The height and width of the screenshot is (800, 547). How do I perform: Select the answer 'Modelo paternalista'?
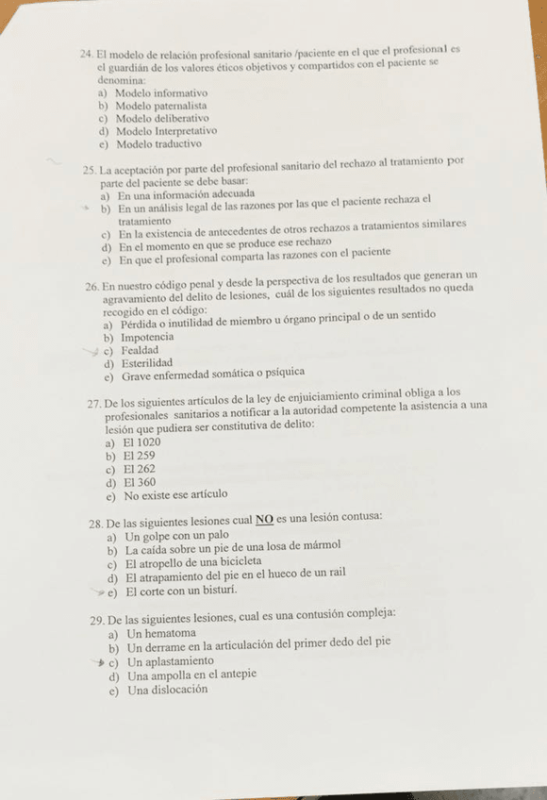point(161,107)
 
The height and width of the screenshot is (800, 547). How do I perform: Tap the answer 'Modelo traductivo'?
point(158,144)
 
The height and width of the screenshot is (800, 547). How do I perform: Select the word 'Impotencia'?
point(146,337)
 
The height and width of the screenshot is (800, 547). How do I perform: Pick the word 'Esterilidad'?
point(146,363)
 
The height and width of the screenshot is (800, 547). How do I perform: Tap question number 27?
point(93,403)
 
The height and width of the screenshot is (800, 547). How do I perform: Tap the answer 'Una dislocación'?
point(167,690)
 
